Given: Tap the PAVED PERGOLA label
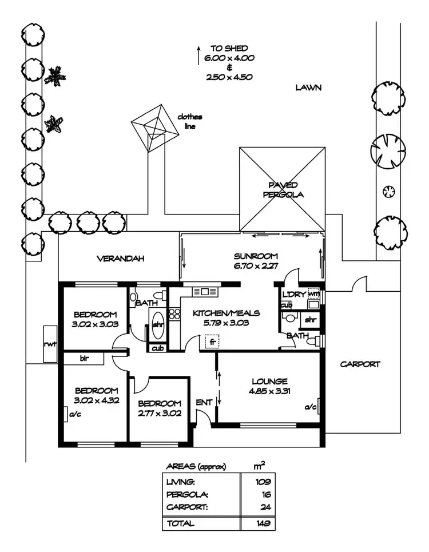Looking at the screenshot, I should [283, 189].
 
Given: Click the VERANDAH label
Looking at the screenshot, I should [120, 259].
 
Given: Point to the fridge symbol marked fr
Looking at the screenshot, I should [213, 341].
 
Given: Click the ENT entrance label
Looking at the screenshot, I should [204, 403].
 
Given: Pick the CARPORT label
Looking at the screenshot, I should [360, 364].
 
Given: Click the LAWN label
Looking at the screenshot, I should [308, 88].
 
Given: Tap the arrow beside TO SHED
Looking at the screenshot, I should [198, 55].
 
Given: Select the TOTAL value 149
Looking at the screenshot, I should [263, 523].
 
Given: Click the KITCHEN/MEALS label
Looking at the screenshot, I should [227, 313].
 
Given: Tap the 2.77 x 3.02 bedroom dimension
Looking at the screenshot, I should [160, 413].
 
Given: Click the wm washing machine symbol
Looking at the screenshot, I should [313, 294].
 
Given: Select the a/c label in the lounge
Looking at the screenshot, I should [310, 407].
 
